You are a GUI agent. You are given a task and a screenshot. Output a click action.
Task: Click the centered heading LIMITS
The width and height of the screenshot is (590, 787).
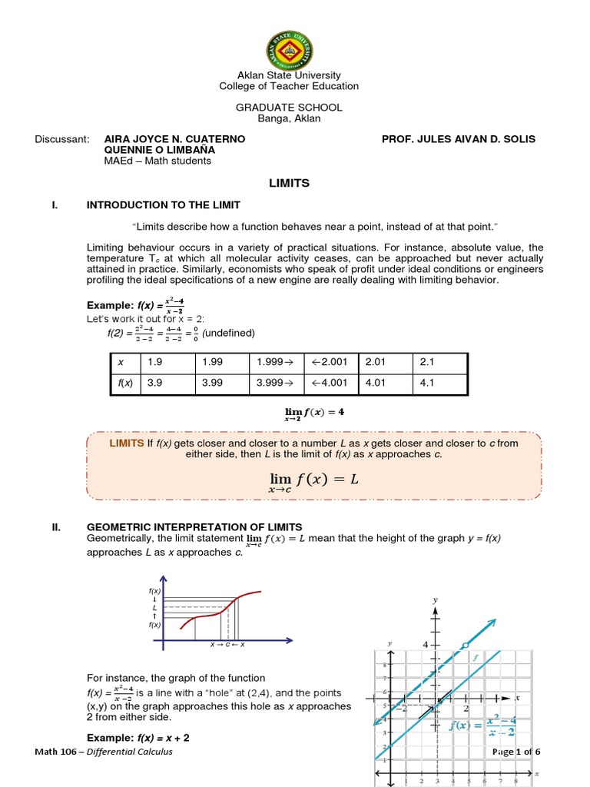click(x=289, y=184)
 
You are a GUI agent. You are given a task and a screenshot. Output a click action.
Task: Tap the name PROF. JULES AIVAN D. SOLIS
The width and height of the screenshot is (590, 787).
click(x=459, y=139)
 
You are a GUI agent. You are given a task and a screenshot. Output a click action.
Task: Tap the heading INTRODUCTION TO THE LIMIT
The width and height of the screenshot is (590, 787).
click(x=164, y=205)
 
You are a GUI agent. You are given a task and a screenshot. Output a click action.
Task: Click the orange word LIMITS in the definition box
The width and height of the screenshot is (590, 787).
click(x=127, y=443)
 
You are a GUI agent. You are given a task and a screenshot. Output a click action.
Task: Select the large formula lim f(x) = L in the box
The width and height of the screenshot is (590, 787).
click(x=313, y=480)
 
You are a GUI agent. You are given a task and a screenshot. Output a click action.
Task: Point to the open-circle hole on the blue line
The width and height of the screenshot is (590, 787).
click(x=463, y=645)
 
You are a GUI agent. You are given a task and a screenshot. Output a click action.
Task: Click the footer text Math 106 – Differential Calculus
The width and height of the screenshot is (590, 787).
click(x=104, y=751)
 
